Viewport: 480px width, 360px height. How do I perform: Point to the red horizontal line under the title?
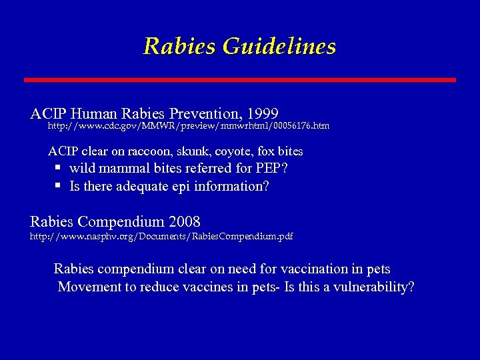(x=240, y=80)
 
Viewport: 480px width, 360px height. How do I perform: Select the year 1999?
(x=261, y=113)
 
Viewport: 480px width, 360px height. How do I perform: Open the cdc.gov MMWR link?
(x=189, y=126)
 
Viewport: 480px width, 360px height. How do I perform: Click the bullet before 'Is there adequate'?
(x=59, y=186)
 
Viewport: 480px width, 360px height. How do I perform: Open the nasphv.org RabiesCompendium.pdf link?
(x=161, y=237)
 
